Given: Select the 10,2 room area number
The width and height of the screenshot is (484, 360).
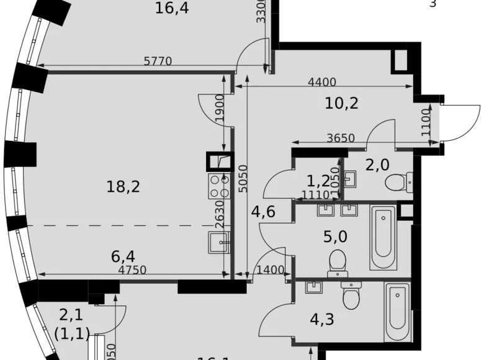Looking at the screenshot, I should [342, 103].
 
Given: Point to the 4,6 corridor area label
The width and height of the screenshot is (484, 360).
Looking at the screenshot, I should [263, 213].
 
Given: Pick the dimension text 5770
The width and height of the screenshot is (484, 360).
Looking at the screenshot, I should [158, 61].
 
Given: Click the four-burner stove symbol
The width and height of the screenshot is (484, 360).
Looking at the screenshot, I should [219, 184].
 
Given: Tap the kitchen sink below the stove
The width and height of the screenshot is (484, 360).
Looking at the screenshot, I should [219, 242].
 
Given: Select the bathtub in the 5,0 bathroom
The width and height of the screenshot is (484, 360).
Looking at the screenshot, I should [384, 237].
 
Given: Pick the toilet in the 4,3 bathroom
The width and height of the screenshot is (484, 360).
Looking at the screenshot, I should [351, 295].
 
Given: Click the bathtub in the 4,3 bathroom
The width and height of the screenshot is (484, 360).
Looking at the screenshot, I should [397, 314].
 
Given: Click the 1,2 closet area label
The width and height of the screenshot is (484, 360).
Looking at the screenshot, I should [317, 181].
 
